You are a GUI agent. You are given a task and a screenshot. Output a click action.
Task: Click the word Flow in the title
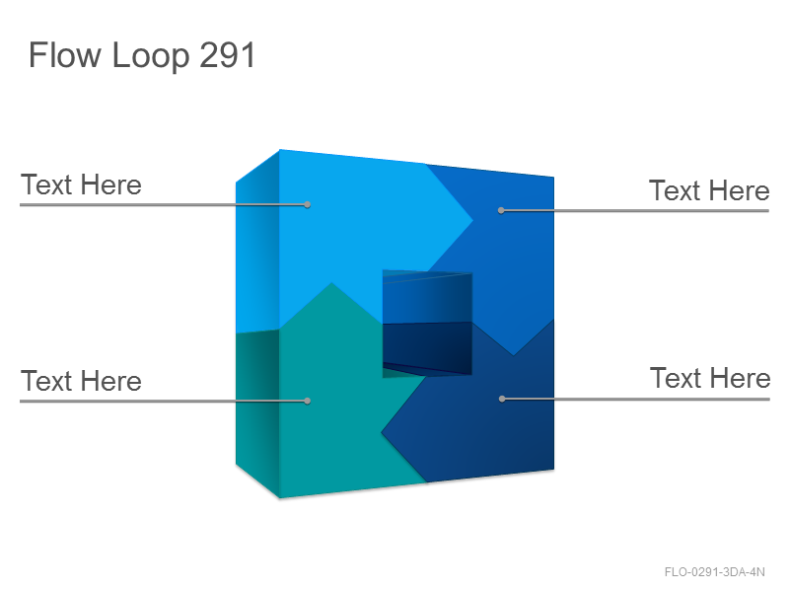[65, 55]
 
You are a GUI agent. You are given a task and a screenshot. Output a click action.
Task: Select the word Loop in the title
[151, 56]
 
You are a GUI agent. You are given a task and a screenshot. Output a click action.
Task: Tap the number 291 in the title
[228, 55]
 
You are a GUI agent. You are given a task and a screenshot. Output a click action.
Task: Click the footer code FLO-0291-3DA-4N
[714, 572]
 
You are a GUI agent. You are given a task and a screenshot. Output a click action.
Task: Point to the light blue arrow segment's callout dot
[308, 205]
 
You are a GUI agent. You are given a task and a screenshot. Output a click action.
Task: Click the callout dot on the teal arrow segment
[308, 402]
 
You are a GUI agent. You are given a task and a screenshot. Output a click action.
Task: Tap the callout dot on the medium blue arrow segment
[501, 210]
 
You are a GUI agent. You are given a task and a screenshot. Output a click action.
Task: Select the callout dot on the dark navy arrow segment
[502, 399]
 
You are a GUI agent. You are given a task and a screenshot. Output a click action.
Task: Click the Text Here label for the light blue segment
[81, 185]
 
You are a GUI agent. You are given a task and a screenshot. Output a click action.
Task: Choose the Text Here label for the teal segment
[81, 381]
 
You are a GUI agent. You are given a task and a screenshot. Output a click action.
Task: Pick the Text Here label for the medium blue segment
[709, 190]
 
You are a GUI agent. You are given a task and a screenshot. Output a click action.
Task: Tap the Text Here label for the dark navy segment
[710, 378]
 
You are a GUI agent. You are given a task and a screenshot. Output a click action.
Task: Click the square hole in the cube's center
[427, 325]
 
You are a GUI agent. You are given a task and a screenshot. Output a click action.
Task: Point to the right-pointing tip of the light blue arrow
[472, 220]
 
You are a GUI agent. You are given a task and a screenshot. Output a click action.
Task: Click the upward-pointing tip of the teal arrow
[331, 283]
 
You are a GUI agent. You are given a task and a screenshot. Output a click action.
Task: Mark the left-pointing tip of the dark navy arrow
[382, 432]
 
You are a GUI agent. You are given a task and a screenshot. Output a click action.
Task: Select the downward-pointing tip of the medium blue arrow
[513, 355]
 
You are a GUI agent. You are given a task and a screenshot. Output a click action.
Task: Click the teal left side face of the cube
[257, 412]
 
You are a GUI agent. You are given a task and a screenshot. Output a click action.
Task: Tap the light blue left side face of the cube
[257, 242]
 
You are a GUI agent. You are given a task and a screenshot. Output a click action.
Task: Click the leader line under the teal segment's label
[164, 402]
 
